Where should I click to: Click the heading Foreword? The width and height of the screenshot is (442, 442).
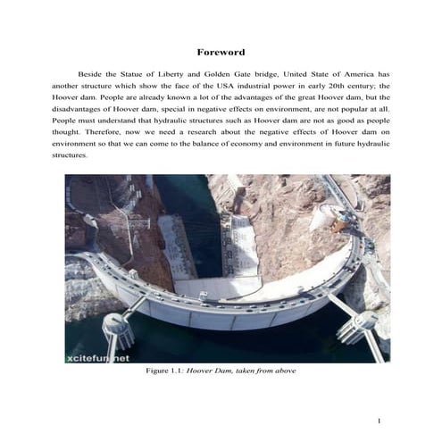click(221, 53)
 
